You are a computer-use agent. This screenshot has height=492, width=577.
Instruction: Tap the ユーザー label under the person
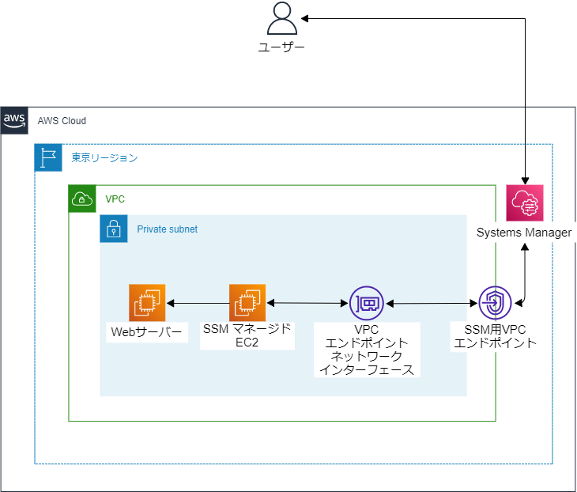[281, 47]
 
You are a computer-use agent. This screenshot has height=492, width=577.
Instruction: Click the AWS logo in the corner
[14, 120]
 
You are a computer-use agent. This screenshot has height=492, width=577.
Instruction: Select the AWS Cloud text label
[62, 121]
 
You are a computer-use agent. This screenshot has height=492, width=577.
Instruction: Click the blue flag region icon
[48, 157]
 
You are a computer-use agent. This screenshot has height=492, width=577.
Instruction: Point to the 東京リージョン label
[104, 158]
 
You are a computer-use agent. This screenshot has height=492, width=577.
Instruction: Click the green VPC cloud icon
[82, 199]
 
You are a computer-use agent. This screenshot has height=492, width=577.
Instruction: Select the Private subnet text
[167, 229]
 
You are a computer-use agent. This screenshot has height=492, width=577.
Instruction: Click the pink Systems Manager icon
[525, 204]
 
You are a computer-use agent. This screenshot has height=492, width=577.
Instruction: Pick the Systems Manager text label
[524, 233]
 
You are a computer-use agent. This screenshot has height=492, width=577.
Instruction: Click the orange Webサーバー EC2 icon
[147, 302]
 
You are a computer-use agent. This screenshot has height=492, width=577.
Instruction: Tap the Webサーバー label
[147, 331]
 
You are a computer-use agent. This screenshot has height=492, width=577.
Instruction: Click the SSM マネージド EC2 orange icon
[247, 302]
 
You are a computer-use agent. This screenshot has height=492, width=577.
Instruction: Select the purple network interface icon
[366, 302]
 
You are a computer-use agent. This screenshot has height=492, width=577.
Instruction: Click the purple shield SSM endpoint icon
[496, 302]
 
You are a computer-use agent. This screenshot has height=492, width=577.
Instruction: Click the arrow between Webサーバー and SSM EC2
[197, 302]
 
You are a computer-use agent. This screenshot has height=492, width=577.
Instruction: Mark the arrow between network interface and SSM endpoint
[431, 302]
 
